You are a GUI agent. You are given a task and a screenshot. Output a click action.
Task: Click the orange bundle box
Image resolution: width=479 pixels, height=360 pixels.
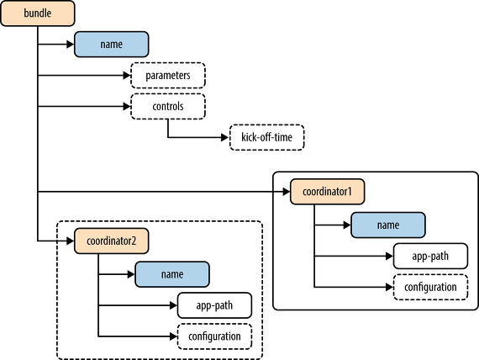(x=38, y=13)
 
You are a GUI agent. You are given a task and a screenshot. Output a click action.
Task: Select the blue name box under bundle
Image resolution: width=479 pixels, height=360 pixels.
(x=112, y=44)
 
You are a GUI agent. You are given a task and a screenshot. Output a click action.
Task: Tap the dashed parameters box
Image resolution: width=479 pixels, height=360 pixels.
(x=168, y=75)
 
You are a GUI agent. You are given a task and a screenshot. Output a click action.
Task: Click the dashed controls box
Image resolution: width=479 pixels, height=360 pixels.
(x=168, y=106)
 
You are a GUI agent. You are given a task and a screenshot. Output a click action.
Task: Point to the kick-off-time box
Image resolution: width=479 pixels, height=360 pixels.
(x=266, y=137)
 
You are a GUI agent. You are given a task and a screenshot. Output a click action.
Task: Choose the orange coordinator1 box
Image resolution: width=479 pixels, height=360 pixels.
(x=327, y=192)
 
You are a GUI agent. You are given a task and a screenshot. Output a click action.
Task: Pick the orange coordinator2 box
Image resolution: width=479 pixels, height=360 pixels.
(x=112, y=241)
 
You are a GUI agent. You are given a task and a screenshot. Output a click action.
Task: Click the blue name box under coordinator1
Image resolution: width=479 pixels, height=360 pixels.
(x=388, y=225)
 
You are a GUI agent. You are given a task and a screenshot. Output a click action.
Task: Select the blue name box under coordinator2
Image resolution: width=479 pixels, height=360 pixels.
(x=172, y=274)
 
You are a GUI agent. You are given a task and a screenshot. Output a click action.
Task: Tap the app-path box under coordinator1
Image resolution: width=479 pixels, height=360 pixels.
(x=430, y=256)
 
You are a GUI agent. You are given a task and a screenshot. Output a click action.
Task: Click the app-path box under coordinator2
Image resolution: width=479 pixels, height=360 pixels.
(x=214, y=305)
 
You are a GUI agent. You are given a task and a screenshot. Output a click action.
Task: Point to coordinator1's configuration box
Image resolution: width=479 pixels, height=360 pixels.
(x=430, y=287)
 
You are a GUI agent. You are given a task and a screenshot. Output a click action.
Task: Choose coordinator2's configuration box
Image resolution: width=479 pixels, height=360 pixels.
(x=214, y=336)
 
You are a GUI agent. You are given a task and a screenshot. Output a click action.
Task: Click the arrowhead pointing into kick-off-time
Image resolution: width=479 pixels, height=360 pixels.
(x=225, y=137)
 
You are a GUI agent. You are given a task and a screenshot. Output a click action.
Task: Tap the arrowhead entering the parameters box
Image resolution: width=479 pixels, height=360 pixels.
(x=127, y=75)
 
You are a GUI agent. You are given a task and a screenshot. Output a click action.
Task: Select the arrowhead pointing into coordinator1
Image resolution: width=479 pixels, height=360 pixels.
(x=287, y=192)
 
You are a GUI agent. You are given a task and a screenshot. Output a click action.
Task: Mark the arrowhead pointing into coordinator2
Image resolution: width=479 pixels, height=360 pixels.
(x=71, y=241)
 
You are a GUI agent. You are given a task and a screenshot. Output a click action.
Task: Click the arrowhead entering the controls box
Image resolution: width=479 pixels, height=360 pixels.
(x=127, y=106)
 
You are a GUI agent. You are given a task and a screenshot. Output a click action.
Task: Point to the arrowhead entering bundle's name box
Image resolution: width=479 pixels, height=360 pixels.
(x=71, y=44)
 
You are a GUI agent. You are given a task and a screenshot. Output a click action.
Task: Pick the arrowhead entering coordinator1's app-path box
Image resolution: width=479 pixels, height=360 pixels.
(x=389, y=256)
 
